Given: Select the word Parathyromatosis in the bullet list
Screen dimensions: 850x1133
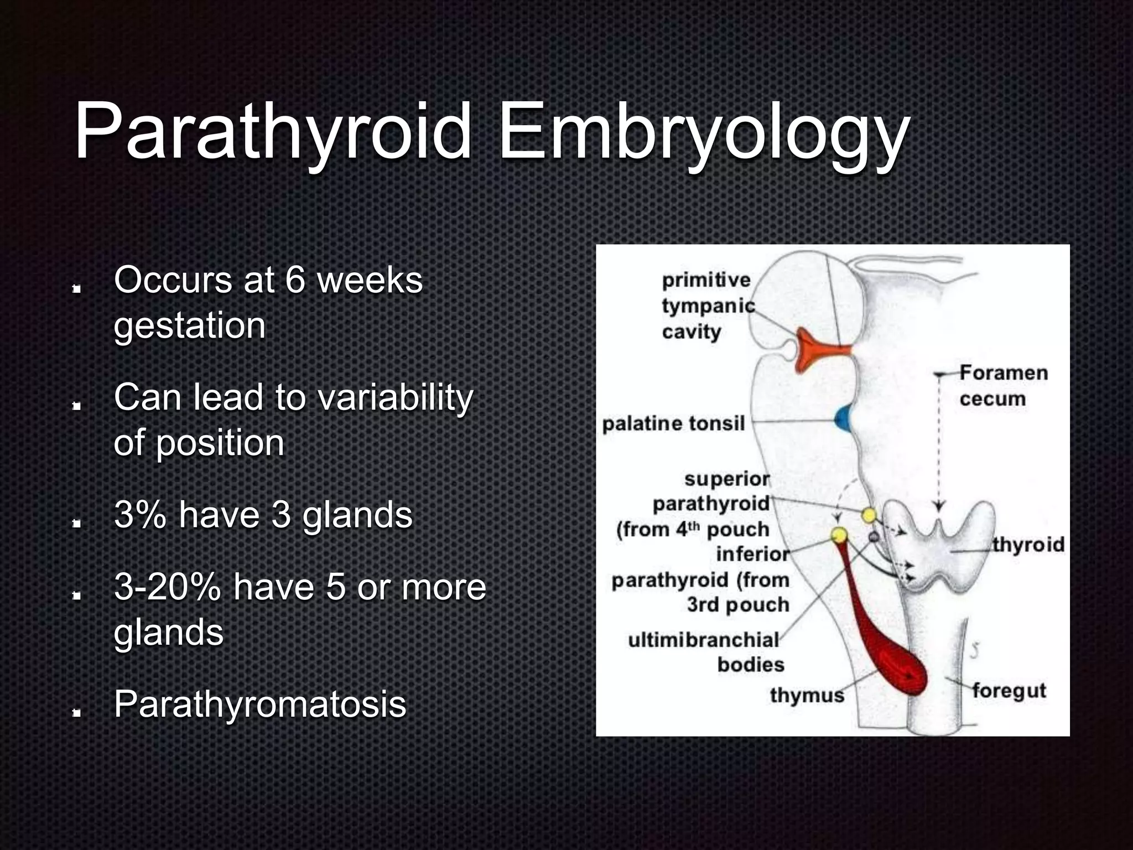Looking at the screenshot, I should tap(260, 704).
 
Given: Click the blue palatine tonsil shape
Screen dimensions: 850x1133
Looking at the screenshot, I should tap(844, 419).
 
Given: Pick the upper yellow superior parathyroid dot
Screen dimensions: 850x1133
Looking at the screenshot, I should tap(869, 516).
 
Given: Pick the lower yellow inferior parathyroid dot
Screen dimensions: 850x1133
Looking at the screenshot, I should tap(839, 535).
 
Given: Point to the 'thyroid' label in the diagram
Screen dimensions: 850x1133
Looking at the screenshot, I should tap(1028, 545).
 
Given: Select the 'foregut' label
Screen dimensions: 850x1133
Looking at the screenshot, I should tap(1009, 691).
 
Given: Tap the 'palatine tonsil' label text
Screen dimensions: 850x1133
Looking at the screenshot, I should tap(673, 424).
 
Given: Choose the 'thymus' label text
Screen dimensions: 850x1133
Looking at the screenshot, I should tap(807, 695).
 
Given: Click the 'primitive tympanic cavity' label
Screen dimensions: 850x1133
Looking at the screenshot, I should tap(707, 305).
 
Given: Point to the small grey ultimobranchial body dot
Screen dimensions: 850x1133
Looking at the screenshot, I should tap(874, 536).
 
